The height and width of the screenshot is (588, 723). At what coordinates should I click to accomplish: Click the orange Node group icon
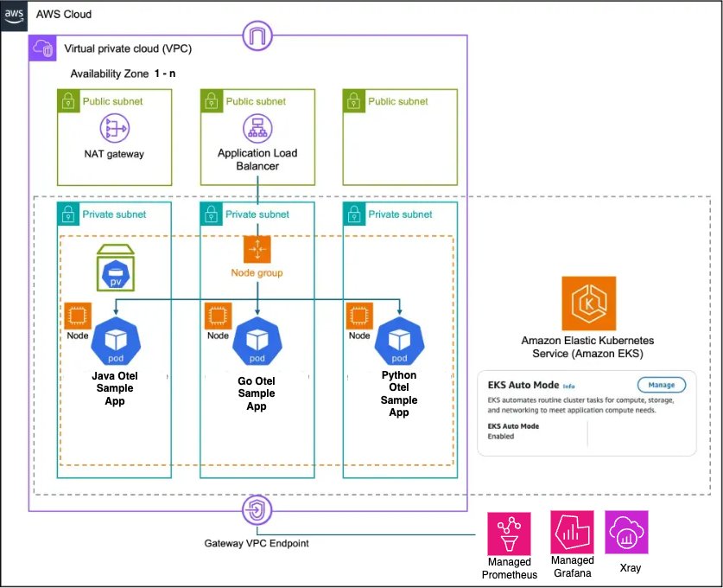coord(257,250)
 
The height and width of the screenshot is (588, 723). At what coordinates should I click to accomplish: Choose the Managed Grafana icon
coord(572,532)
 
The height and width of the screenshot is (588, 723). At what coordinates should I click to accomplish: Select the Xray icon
coord(628,532)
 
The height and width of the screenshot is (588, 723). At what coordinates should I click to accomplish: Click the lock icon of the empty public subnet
coord(353,101)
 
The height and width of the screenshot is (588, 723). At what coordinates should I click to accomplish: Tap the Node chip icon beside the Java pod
coord(78,316)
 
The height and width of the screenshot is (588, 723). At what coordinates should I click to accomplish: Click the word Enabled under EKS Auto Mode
coord(500,437)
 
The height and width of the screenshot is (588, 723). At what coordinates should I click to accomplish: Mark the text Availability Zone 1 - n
coord(123,73)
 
